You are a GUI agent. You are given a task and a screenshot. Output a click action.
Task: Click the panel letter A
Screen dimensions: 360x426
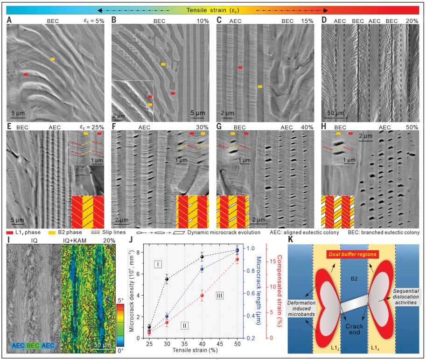click(9, 20)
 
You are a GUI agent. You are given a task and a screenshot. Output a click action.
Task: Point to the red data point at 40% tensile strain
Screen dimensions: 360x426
click(202, 296)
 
